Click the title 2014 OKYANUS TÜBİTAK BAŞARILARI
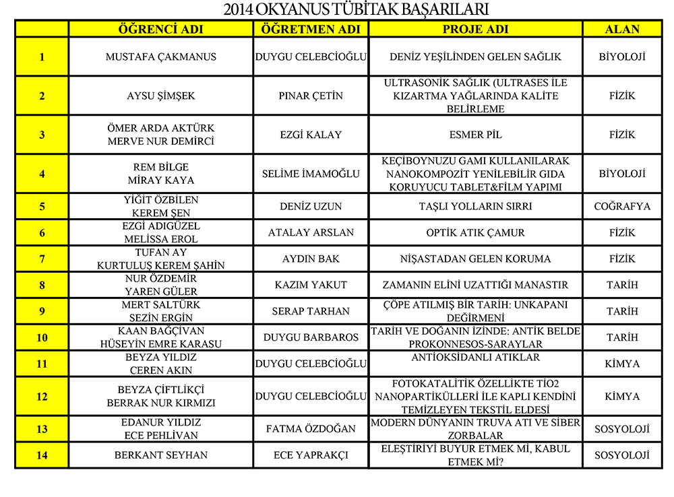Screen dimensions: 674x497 356,9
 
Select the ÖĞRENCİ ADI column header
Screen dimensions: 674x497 161,29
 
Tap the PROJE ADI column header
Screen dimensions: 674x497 475,29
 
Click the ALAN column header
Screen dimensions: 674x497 622,29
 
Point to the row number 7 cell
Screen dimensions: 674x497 42,259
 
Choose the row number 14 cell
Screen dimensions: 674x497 42,455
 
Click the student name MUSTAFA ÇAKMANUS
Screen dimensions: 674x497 161,57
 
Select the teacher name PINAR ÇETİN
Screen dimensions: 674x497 311,96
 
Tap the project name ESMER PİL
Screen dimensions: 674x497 475,135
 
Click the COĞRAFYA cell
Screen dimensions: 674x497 622,206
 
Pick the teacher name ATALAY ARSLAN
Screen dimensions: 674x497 311,232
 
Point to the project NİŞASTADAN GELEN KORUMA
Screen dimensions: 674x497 475,259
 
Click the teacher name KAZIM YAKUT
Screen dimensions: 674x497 311,285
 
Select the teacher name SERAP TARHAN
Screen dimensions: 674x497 311,311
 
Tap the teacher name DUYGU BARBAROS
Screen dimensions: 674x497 311,337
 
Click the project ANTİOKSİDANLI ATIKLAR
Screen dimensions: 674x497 475,358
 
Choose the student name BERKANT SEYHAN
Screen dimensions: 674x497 161,455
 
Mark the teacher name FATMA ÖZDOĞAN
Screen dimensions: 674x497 311,429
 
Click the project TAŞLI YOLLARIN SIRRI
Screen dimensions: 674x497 475,206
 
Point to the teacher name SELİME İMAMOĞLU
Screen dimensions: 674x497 311,174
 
